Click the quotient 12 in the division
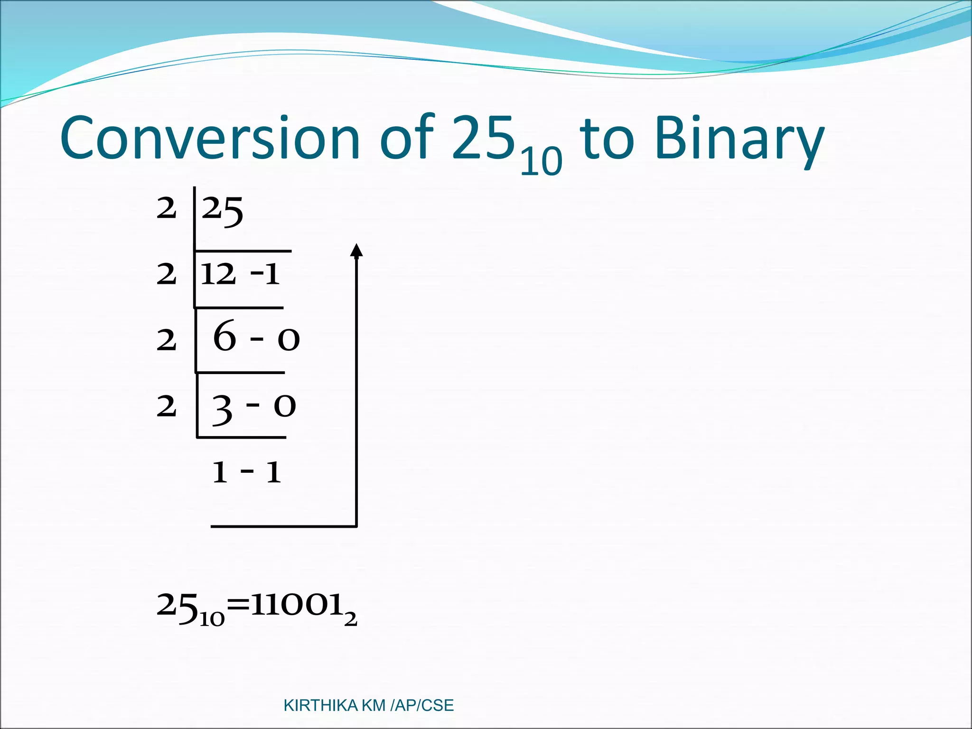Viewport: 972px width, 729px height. coord(218,274)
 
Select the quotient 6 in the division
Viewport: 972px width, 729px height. coord(224,336)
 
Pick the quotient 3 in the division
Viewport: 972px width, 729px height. coord(222,409)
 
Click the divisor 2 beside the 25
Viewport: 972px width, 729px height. coord(166,209)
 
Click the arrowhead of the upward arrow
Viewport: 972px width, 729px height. coord(356,250)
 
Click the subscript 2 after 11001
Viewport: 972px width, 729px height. coord(350,619)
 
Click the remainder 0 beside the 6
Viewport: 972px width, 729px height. coord(289,340)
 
